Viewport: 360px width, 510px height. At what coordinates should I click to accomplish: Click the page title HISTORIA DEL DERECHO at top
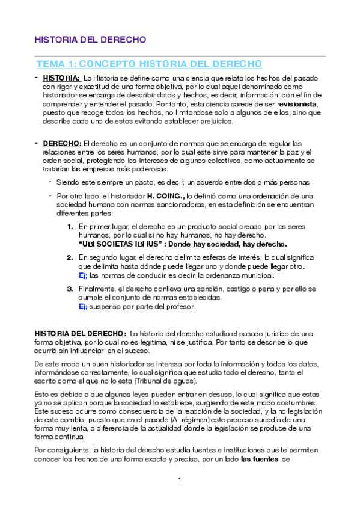[x=90, y=40]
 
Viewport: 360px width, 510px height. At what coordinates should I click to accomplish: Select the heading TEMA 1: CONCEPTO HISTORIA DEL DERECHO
[x=149, y=64]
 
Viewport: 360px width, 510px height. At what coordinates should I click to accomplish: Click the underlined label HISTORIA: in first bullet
[x=62, y=78]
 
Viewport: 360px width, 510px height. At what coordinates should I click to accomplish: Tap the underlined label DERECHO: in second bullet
[x=63, y=143]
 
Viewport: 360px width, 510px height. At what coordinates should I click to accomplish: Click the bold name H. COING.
[x=166, y=196]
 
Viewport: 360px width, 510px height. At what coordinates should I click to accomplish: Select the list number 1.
[x=70, y=227]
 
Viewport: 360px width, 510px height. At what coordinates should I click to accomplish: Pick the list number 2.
[x=70, y=257]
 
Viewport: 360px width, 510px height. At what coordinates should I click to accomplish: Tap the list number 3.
[x=70, y=289]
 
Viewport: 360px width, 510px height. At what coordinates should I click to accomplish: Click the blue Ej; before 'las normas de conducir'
[x=83, y=275]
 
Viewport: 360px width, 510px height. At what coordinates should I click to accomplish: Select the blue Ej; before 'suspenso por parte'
[x=83, y=307]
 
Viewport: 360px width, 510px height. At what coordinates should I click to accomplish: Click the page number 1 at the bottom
[x=180, y=480]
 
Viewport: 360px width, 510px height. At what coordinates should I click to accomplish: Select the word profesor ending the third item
[x=180, y=307]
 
